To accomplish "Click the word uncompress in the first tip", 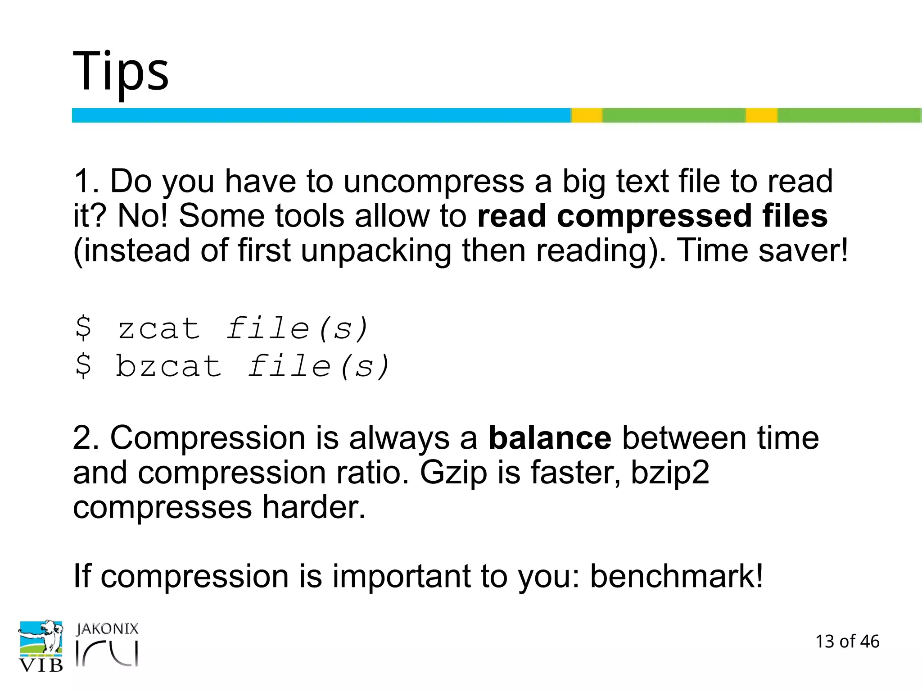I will [x=434, y=182].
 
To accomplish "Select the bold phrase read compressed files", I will [x=652, y=216].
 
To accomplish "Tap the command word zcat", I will [x=159, y=328].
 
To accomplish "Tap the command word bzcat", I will [x=169, y=366].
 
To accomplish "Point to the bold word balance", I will [x=550, y=438].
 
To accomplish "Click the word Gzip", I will [x=453, y=473].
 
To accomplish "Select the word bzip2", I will [x=669, y=473].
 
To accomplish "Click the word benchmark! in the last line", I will [x=676, y=576].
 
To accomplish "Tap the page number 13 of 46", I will [x=847, y=642].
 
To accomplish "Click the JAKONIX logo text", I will [x=107, y=629].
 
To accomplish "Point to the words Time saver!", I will [x=762, y=250].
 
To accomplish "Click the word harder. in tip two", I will [x=314, y=508].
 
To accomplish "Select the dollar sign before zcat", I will [x=83, y=328].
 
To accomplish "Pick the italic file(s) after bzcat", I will [x=319, y=366].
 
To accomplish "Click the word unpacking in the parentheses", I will [x=376, y=250].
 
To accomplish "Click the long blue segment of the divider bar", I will [x=321, y=115].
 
